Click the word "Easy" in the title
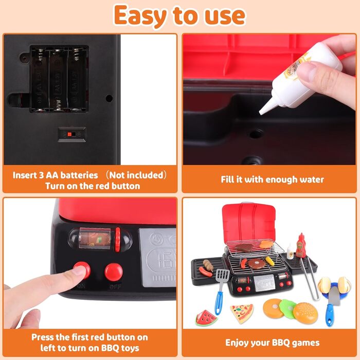coord(140,16)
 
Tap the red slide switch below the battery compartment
coord(69,134)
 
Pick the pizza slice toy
coord(242,313)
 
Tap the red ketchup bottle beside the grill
coord(300,246)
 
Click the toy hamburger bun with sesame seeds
coord(305,313)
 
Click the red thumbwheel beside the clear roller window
coord(118,240)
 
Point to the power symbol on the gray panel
coord(156,239)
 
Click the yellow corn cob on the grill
coord(270,261)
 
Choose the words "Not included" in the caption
coord(136,175)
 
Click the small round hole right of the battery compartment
coord(109,99)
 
